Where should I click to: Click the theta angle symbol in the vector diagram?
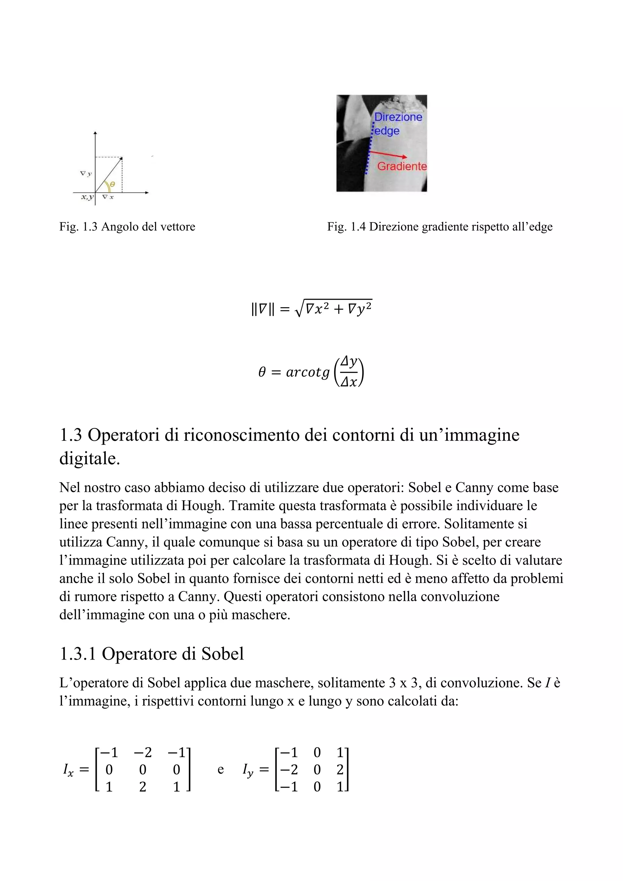click(x=112, y=185)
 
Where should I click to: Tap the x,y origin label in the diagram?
click(x=87, y=197)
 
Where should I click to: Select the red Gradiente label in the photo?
click(x=402, y=166)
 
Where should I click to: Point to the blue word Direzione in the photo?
click(x=398, y=117)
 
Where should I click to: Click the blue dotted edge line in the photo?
click(x=369, y=154)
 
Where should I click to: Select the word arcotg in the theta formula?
click(x=308, y=372)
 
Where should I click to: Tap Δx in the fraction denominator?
click(x=349, y=382)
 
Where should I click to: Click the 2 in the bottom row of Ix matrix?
click(x=143, y=787)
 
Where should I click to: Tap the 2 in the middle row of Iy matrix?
click(x=340, y=770)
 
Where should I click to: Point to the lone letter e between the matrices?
click(x=221, y=770)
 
